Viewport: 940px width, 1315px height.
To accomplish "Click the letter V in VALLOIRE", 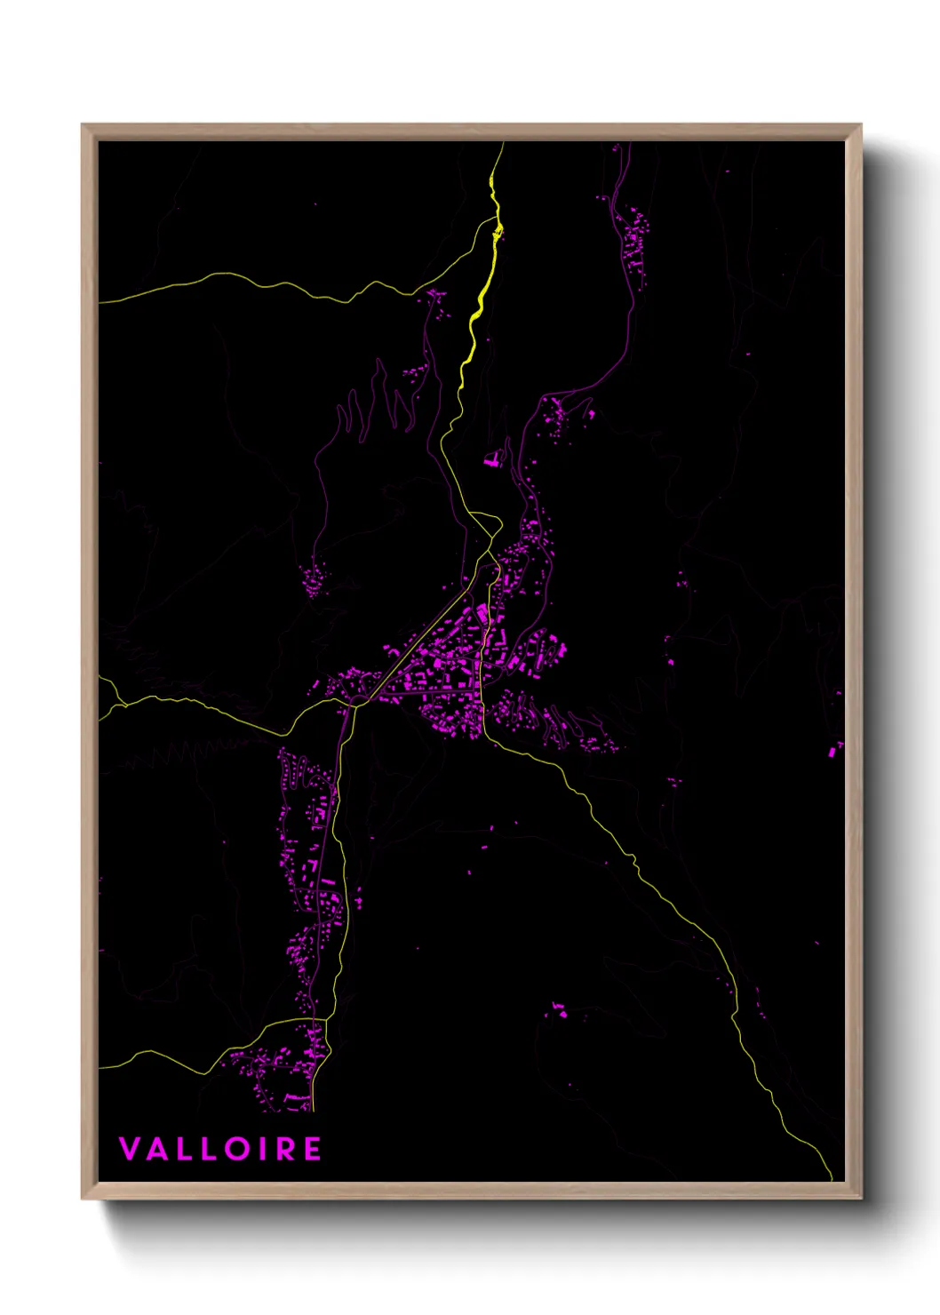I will pos(129,1149).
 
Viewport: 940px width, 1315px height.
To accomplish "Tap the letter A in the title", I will pos(155,1149).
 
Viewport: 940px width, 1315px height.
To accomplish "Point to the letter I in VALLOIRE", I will pos(260,1149).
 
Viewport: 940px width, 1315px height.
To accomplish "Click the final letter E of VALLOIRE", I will pos(312,1149).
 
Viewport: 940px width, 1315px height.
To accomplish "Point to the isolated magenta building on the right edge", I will pos(833,751).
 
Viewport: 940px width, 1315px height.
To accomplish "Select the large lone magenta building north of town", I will pos(491,459).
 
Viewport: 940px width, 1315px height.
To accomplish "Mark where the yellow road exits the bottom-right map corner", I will pos(831,1178).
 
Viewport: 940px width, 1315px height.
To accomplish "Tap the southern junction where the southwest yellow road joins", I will pos(327,1019).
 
